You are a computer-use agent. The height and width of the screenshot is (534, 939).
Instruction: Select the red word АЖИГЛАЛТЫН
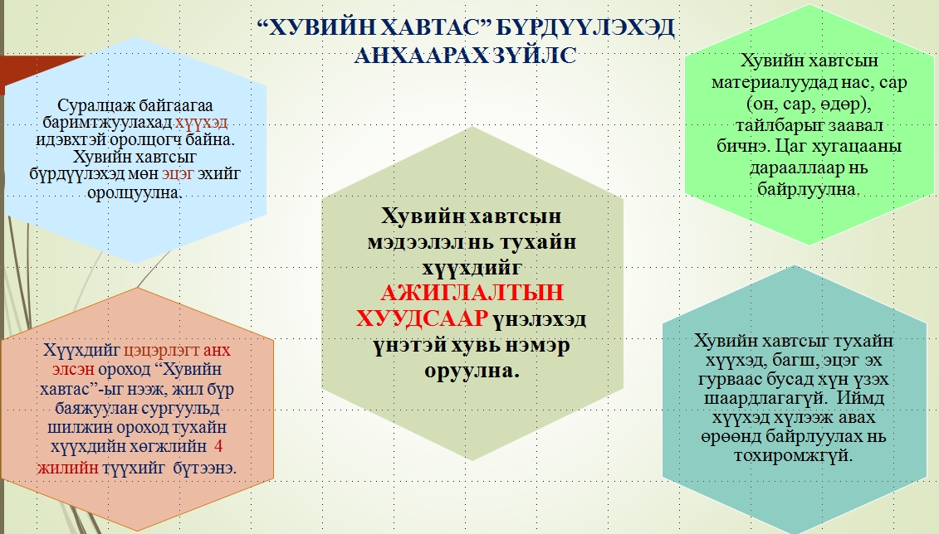point(472,293)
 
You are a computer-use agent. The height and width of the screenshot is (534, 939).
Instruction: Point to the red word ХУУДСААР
point(422,318)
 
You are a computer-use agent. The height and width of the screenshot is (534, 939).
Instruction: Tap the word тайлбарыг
point(779,125)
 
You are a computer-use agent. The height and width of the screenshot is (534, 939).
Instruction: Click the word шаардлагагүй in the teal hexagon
point(762,399)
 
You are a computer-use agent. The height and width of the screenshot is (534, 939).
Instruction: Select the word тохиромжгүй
point(793,455)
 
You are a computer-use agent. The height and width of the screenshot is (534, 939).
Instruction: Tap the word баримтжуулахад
point(108,124)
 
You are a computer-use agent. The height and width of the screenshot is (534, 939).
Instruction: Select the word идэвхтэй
point(68,140)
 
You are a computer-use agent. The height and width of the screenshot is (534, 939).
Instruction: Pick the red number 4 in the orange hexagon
point(218,447)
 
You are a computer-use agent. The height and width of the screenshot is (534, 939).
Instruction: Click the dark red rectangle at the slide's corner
point(36,72)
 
